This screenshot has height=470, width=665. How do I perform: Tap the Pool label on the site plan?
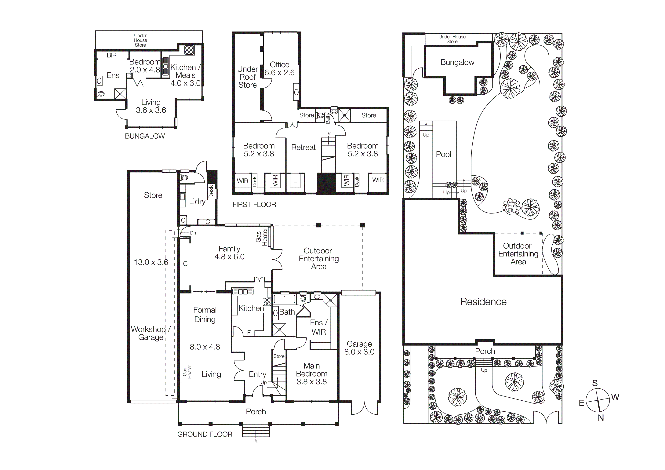point(443,154)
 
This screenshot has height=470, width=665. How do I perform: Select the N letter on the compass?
point(601,418)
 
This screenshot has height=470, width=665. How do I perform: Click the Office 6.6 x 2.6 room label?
point(279,69)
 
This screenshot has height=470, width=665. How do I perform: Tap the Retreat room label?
point(303,147)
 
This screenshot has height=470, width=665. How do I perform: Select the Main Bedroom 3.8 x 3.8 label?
point(312,374)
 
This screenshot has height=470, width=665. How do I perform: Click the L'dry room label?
point(197,202)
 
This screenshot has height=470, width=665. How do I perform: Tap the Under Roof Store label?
point(247,77)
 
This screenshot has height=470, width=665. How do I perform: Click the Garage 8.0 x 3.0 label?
point(359,348)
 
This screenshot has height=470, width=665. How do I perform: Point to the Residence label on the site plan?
point(483,302)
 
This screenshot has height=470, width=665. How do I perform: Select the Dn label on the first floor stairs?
point(328,133)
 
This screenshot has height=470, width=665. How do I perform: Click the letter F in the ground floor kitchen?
point(249,333)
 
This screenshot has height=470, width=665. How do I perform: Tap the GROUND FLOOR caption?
point(205,434)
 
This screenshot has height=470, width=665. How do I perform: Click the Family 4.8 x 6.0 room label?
point(229,253)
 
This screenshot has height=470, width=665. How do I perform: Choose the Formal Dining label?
point(205,315)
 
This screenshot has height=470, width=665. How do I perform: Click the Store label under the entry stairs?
point(279,356)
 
